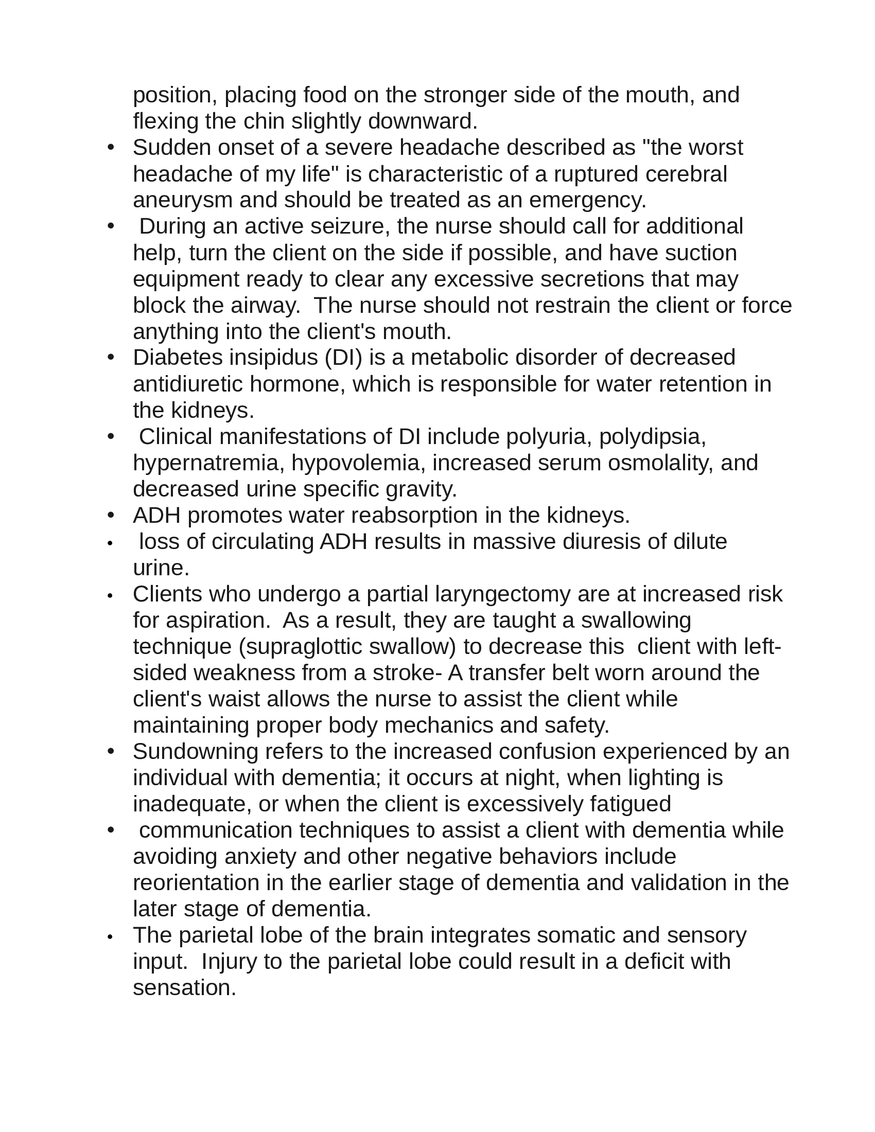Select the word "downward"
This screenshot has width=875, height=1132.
coord(421,122)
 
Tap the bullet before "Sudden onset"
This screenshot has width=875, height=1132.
coord(111,148)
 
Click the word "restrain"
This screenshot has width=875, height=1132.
coord(572,305)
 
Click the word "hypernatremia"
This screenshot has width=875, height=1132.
coord(206,463)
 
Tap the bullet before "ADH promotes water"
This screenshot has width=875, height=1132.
coord(111,516)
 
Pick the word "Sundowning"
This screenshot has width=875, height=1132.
coord(196,752)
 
